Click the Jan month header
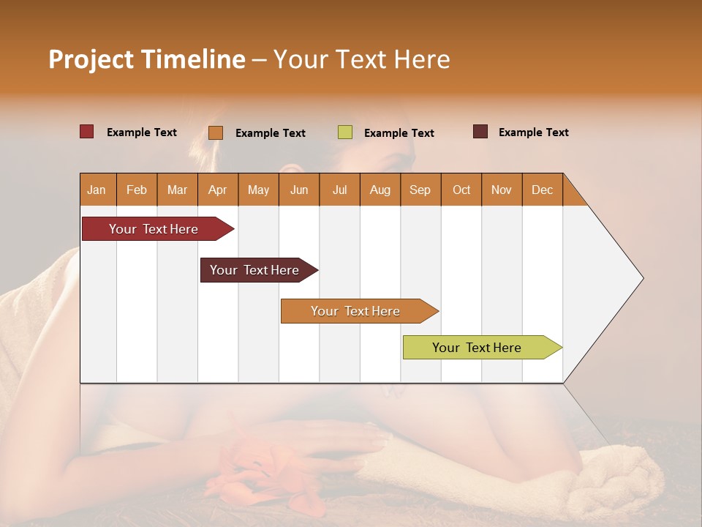point(97,190)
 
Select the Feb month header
point(137,190)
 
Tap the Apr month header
point(217,190)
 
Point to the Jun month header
point(299,190)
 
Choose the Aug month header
point(380,190)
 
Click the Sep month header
point(420,190)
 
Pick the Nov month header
point(501,190)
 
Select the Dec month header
point(542,190)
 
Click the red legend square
point(87,132)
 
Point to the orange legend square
point(216,132)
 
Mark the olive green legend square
point(345,132)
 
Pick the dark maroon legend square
point(480,132)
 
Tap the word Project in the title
point(91,59)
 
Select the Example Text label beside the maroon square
point(533,132)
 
